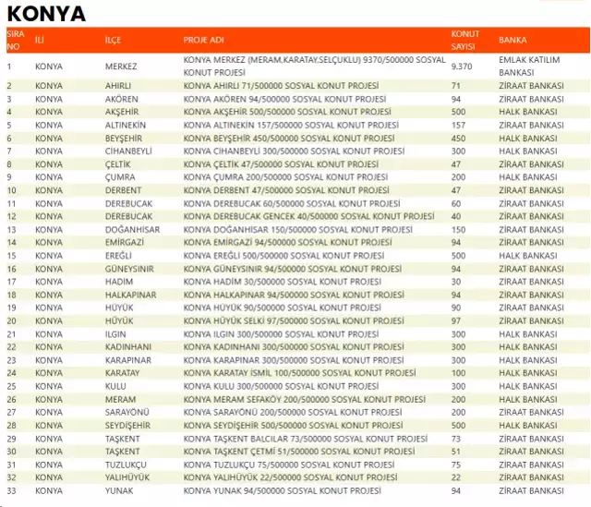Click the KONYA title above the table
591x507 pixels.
click(46, 14)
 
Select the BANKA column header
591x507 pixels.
click(513, 41)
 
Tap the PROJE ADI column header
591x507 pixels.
click(204, 41)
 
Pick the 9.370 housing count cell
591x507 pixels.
click(462, 66)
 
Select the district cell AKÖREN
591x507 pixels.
click(121, 99)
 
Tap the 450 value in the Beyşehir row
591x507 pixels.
click(458, 138)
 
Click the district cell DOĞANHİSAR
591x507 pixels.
click(132, 229)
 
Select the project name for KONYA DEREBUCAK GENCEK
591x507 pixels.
click(308, 216)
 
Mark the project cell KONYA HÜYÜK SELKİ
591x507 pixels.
click(289, 320)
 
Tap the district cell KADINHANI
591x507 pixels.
click(128, 347)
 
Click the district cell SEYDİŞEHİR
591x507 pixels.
click(128, 425)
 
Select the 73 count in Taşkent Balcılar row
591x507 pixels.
click(456, 439)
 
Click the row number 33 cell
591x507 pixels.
click(10, 490)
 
